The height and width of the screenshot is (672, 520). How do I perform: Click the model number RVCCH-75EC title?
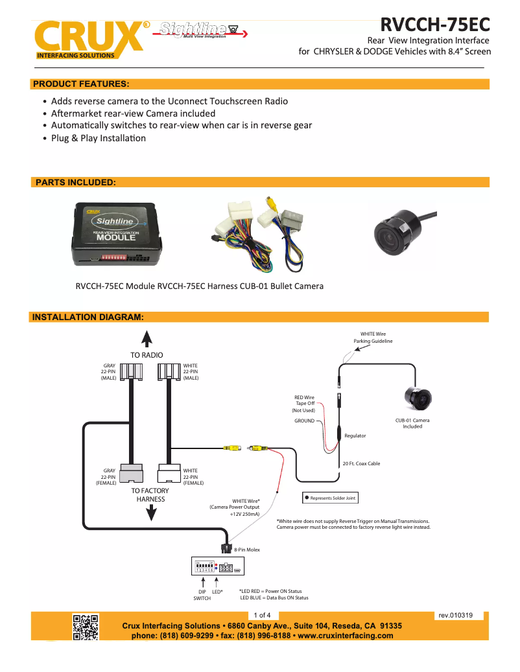tap(434, 24)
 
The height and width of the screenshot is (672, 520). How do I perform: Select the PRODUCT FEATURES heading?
tap(81, 84)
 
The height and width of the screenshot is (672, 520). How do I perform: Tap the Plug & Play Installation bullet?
tap(99, 138)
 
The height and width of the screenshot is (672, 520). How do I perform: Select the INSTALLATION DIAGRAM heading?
tap(88, 317)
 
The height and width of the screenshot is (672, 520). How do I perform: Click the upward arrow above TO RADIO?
tap(147, 339)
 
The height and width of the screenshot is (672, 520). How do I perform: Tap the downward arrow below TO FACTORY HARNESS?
tap(150, 513)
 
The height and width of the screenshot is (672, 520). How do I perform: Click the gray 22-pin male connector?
tap(132, 371)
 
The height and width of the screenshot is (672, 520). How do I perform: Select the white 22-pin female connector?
tap(169, 473)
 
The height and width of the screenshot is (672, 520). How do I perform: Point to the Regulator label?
tap(355, 435)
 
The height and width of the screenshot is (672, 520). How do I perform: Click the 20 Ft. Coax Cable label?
tap(361, 463)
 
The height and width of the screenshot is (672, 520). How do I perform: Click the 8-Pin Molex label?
tap(247, 550)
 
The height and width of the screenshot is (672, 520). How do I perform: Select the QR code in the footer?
tap(85, 627)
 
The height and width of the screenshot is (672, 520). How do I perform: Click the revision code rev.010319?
tap(455, 615)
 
